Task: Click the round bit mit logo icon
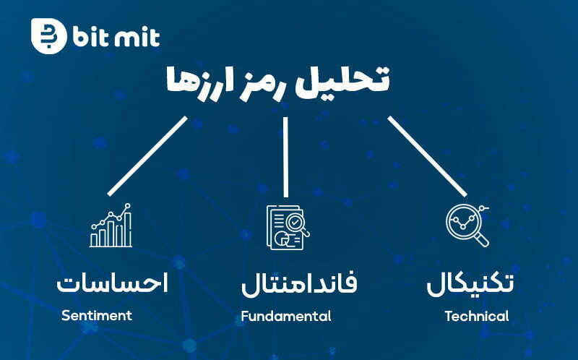48,36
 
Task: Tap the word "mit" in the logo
137,37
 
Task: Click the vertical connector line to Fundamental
285,157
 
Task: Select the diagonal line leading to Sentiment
148,155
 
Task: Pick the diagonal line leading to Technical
427,156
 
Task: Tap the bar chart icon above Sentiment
111,225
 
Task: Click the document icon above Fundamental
288,228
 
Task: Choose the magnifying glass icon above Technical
467,226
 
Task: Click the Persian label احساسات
113,283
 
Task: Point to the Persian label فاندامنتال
299,283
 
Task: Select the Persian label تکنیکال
470,283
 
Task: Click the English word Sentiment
97,315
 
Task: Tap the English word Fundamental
286,316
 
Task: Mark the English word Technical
477,316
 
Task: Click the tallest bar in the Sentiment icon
128,229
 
